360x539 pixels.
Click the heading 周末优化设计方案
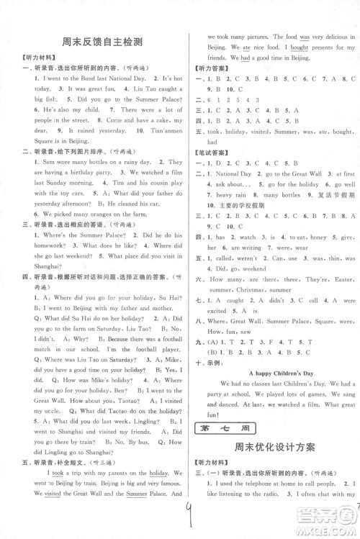pyautogui.click(x=274, y=447)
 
